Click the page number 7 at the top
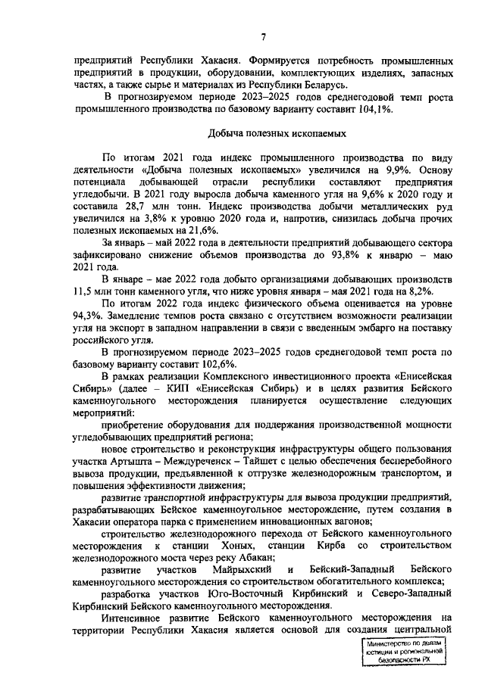tap(263, 37)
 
